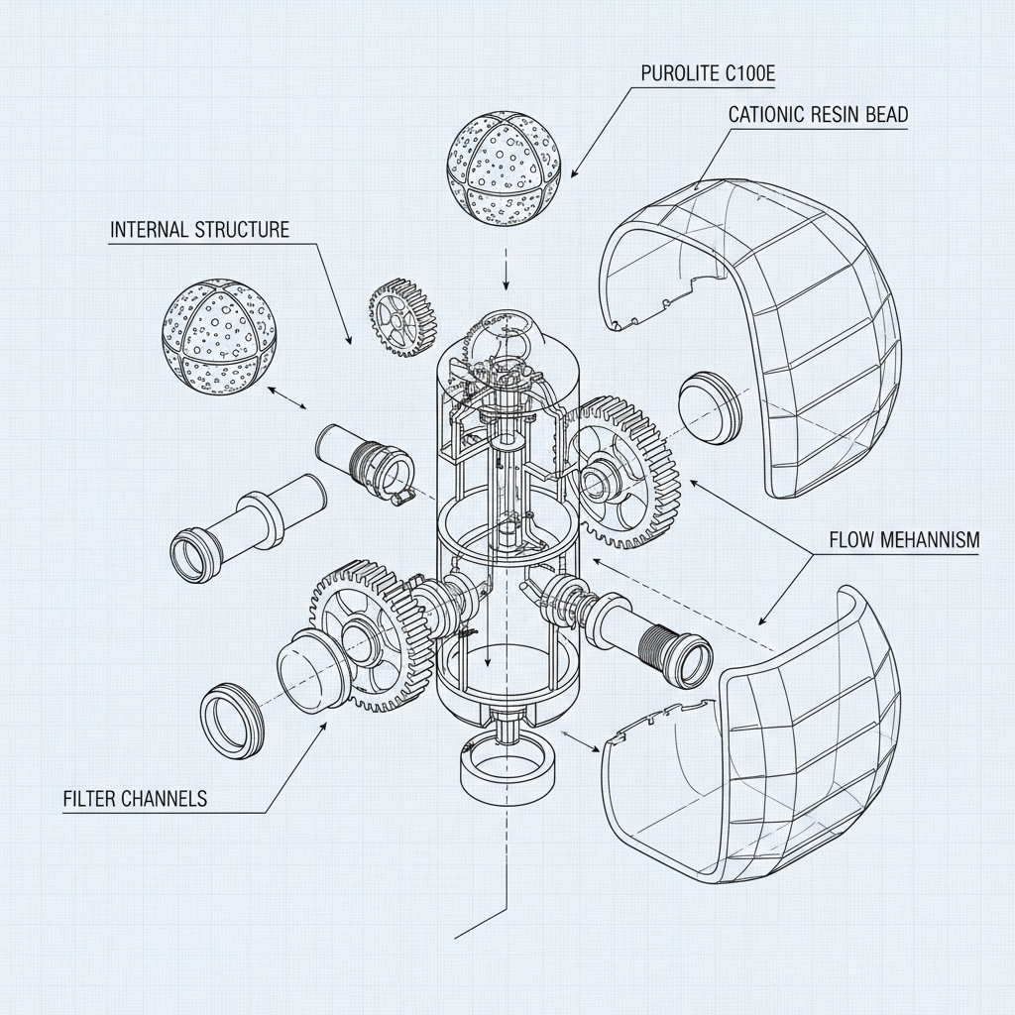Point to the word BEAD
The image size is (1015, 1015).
click(885, 115)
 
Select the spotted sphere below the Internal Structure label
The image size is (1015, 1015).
click(218, 330)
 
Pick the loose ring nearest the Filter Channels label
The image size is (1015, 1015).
click(233, 719)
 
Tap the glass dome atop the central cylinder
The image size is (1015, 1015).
click(506, 342)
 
